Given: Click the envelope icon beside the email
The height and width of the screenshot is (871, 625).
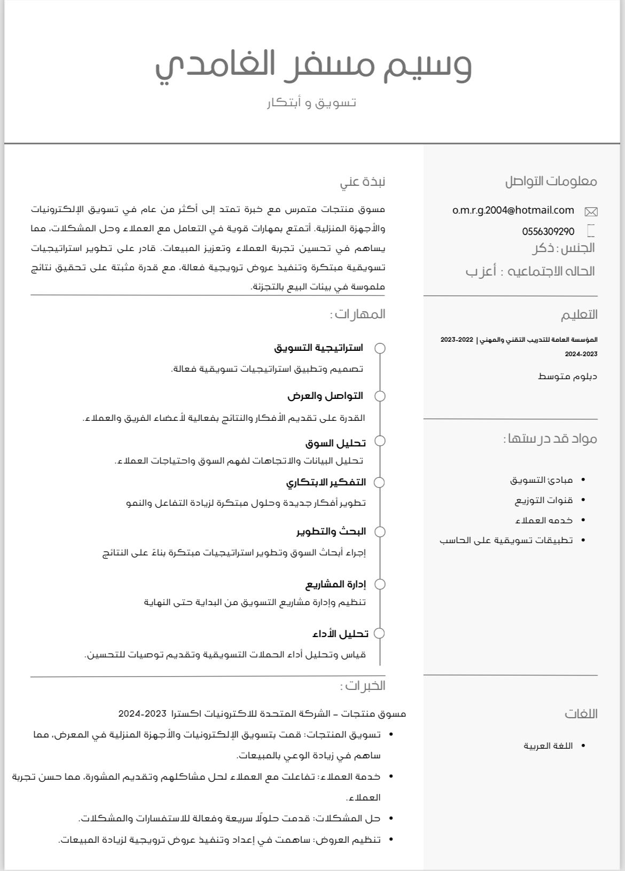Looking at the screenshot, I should click(591, 212).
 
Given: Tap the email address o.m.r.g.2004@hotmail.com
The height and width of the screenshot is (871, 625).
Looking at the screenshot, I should click(513, 210).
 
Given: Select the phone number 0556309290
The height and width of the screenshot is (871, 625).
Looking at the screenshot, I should click(548, 231).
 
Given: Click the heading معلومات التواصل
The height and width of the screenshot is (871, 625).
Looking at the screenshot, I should click(551, 181).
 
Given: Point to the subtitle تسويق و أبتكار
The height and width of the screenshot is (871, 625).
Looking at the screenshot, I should click(311, 102).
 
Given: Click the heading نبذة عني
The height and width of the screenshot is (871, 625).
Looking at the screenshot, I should click(362, 182).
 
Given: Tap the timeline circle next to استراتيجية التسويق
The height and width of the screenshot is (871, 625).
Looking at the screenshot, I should click(380, 348).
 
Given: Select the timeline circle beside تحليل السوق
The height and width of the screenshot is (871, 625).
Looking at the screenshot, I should click(380, 441).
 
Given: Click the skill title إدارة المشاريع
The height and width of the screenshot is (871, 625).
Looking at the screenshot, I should click(335, 584).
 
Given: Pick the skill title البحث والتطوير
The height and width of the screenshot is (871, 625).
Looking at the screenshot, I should click(331, 531).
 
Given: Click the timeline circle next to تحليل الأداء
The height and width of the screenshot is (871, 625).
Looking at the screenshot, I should click(379, 633).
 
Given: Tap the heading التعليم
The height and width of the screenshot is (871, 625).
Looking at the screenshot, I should click(579, 315).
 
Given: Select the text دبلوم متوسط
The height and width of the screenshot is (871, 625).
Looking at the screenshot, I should click(567, 376).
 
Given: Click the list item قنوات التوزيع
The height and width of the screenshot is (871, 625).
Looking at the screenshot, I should click(543, 500).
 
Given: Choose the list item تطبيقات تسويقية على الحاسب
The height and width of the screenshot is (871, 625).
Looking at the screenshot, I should click(506, 540).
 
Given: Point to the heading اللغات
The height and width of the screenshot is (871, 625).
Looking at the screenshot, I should click(581, 713).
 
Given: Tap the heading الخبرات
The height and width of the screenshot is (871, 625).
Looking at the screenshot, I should click(362, 686).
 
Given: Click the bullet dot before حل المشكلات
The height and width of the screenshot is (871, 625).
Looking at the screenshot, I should click(392, 818).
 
